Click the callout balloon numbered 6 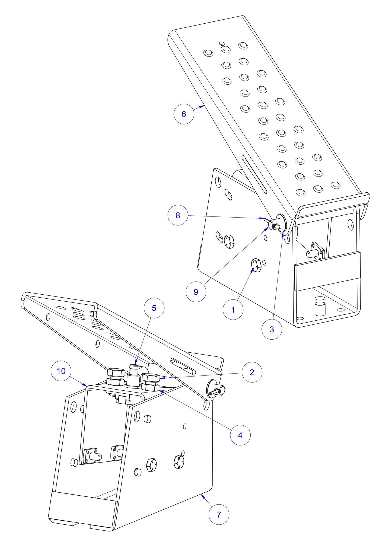point(184,114)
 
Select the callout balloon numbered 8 point(178,215)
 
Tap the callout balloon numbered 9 point(196,292)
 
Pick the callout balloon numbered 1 point(233,310)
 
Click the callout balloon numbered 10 point(61,371)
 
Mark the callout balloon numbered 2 point(252,372)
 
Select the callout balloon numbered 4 point(240,435)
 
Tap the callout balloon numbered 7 point(219,514)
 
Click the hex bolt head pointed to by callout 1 point(256,265)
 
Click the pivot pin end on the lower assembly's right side point(222,390)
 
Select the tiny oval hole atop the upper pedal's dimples point(222,43)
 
